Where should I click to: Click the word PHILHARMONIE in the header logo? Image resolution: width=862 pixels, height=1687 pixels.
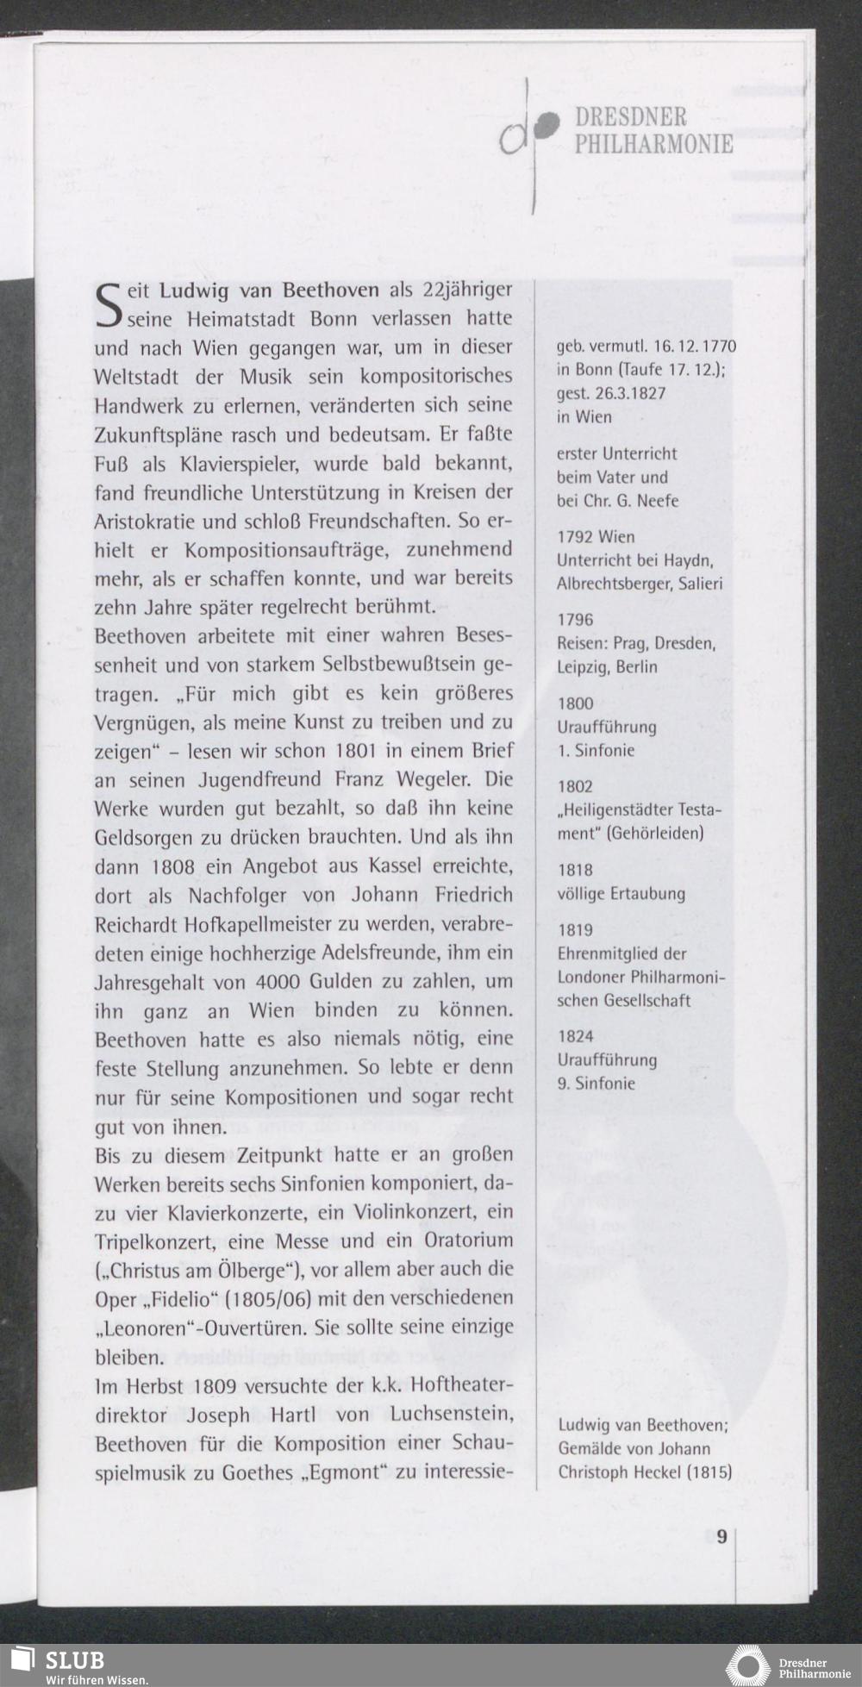tap(653, 144)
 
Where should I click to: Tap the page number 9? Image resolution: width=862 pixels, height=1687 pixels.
tap(721, 1537)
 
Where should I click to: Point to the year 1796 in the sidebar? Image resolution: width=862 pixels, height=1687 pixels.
tap(575, 620)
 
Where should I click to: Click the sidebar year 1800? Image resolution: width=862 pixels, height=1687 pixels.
tap(575, 703)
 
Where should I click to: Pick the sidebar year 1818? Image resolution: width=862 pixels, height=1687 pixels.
tap(575, 870)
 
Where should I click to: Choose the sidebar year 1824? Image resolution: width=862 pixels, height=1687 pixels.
tap(575, 1036)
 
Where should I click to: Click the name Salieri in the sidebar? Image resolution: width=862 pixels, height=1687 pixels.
tap(700, 584)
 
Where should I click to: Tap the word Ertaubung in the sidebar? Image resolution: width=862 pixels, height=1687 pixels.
tap(647, 893)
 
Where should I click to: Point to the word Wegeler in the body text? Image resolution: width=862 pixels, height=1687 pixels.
tap(433, 779)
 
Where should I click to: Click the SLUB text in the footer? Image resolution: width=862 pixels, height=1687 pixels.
tap(75, 1660)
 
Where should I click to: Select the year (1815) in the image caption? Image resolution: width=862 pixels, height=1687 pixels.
tap(709, 1471)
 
